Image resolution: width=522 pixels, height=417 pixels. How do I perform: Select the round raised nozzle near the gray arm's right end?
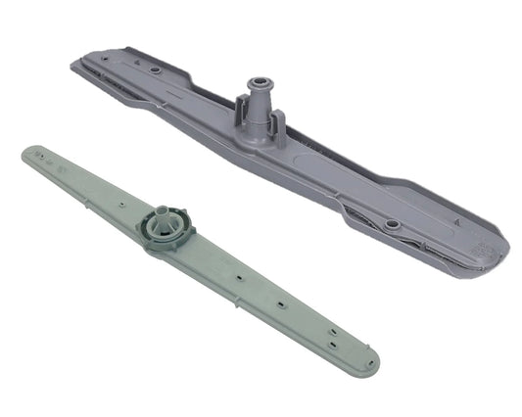[393, 224]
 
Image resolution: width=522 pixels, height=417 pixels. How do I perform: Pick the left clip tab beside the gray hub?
[238, 116]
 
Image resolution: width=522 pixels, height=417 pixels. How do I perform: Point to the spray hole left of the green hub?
[119, 206]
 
